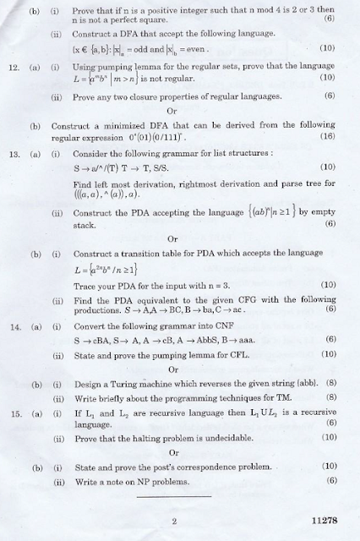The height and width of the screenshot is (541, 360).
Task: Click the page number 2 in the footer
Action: click(x=173, y=522)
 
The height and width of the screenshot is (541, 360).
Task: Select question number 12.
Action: click(x=14, y=65)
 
